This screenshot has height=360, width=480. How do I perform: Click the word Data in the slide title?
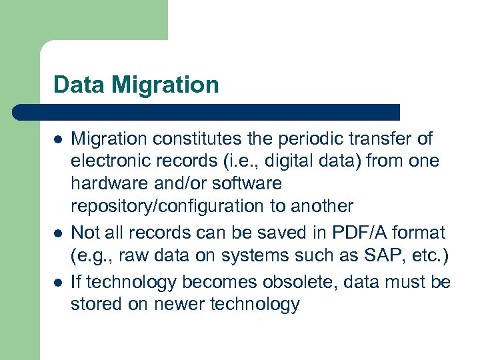(77, 85)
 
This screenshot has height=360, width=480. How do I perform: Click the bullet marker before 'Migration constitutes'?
(58, 140)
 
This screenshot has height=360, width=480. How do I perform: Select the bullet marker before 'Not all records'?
(58, 234)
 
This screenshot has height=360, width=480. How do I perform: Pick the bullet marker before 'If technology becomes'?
(58, 283)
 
